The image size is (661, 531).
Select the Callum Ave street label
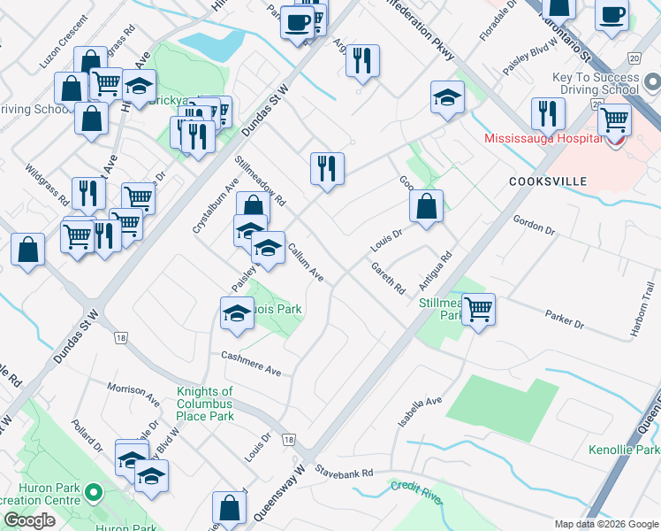[305, 263]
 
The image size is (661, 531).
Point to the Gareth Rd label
[388, 278]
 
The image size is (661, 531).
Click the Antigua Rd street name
[437, 272]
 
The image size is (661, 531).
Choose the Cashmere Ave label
[251, 364]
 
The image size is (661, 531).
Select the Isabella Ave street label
[420, 412]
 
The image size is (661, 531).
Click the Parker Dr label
[565, 319]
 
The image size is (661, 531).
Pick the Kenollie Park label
[623, 450]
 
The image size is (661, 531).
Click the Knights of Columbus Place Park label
[205, 404]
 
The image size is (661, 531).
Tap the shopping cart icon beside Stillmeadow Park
[478, 310]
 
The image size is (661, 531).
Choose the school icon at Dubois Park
[236, 313]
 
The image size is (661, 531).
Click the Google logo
[28, 520]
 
